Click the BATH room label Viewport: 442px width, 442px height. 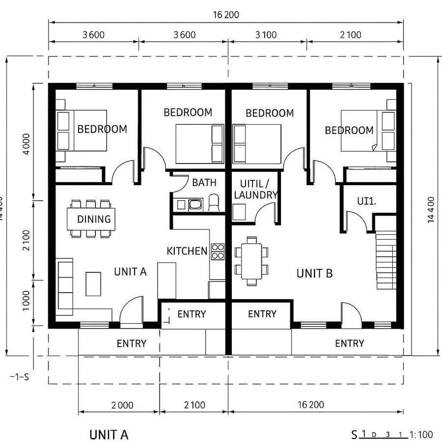coord(204,183)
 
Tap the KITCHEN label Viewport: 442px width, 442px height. coord(187,251)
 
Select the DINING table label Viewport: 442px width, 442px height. coord(94,219)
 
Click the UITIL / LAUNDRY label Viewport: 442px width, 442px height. coord(255,190)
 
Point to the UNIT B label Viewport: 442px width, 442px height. coord(314,274)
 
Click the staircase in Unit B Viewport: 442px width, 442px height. coord(386,260)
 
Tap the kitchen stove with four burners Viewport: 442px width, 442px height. coord(218,251)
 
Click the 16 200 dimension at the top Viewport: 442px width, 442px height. coord(225,15)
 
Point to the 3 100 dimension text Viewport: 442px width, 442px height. coord(266,34)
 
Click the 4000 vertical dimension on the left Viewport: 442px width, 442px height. coord(27,143)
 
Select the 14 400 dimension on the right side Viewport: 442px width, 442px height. coord(431,209)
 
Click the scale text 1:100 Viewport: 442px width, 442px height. coord(421,434)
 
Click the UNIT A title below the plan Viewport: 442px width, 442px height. coord(109,435)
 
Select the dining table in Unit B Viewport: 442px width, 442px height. coord(252,261)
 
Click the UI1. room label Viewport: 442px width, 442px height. coord(366,201)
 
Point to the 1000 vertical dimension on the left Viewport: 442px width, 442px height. coord(27,301)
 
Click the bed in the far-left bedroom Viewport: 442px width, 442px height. coord(82,130)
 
